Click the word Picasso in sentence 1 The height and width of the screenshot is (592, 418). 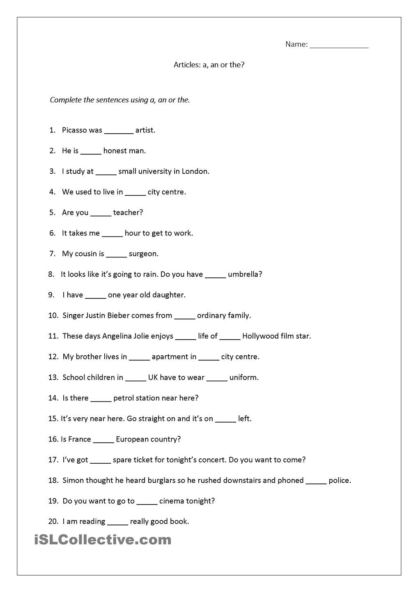pyautogui.click(x=74, y=130)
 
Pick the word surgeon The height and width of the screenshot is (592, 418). pyautogui.click(x=143, y=254)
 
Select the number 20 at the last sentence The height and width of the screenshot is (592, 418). pyautogui.click(x=53, y=521)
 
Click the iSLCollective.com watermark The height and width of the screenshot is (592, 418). pyautogui.click(x=103, y=539)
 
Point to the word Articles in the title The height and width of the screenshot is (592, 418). pyautogui.click(x=186, y=65)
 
